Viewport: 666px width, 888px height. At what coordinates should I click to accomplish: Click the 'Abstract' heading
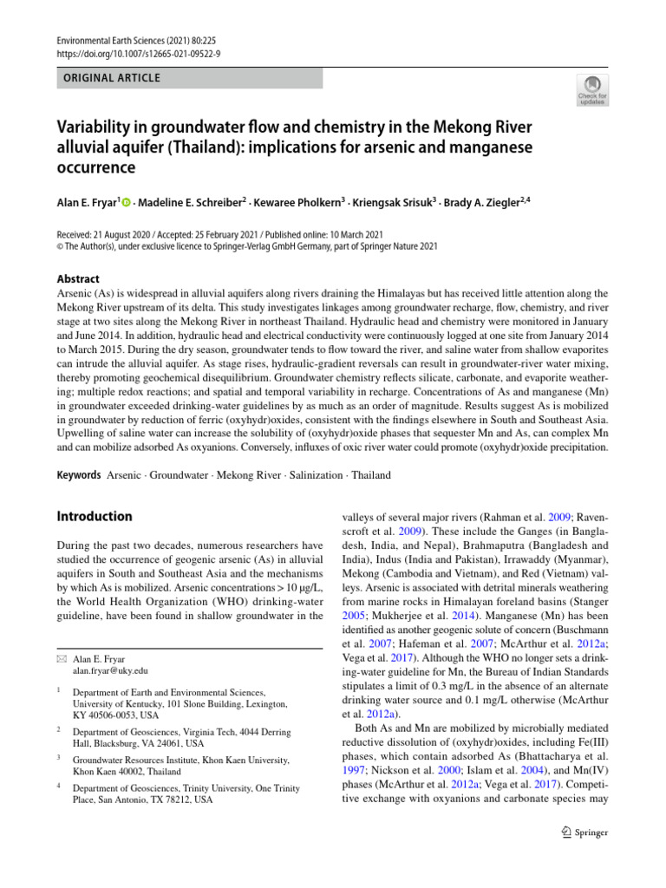click(78, 280)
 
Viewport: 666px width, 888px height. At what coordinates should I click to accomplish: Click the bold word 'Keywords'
click(79, 475)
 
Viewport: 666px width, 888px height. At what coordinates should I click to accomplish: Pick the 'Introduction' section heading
click(95, 516)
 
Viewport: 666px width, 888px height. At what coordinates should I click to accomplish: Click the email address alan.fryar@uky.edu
click(110, 670)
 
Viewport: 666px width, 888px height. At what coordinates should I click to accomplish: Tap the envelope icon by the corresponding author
click(62, 659)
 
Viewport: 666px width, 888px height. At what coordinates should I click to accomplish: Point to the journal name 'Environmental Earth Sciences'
click(113, 40)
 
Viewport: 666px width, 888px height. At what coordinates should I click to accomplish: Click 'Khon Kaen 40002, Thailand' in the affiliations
click(127, 771)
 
